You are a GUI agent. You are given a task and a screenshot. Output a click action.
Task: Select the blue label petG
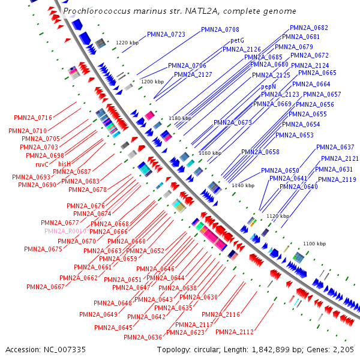coord(237,41)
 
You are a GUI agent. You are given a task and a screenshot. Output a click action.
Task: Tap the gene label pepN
coord(268,87)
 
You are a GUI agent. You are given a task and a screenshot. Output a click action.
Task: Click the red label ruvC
coord(41,164)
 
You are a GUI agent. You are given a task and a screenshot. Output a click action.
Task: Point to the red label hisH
coord(64,164)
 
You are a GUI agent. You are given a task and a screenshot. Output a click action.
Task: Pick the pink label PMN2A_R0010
coord(65,231)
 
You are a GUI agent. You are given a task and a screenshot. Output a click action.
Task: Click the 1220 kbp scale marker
coord(127,43)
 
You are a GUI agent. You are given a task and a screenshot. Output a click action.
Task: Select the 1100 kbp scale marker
coord(314,244)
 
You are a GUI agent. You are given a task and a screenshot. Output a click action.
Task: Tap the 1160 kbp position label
coord(209,153)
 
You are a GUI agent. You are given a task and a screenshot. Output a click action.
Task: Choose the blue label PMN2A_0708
coord(220,29)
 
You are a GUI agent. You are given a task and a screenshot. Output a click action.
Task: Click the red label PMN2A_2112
coord(235,332)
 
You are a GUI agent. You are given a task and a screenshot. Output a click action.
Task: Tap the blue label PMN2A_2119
coord(337,179)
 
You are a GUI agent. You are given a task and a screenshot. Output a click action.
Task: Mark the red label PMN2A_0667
coord(45,287)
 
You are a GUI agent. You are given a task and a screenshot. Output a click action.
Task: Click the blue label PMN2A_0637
coord(335,147)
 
